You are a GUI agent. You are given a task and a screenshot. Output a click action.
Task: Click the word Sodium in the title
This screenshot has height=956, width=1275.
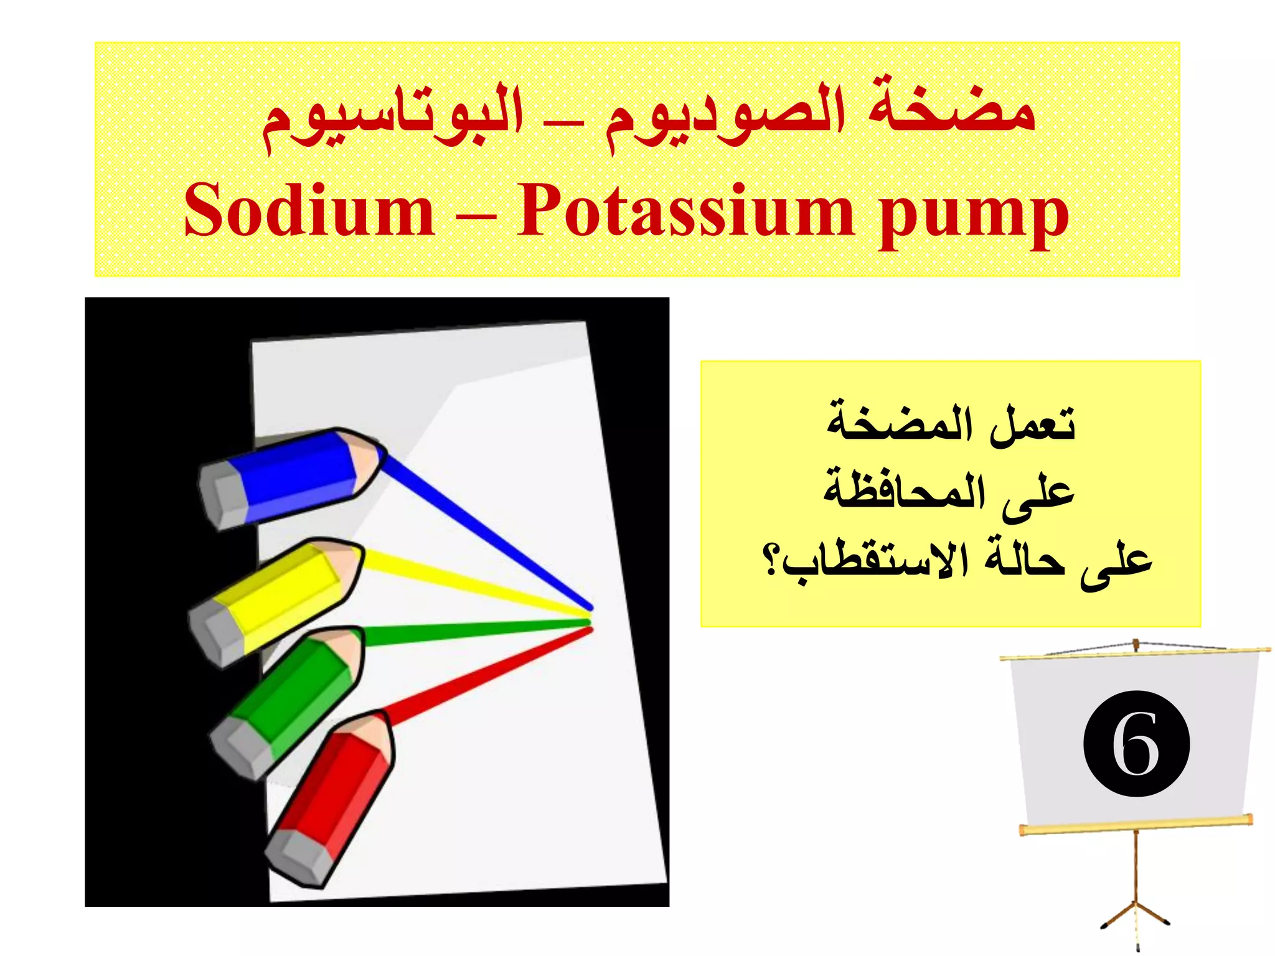click(x=309, y=210)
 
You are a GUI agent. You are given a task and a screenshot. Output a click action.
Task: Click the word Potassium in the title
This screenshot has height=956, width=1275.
click(x=685, y=210)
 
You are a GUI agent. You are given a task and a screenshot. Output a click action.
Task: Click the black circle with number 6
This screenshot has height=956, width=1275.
click(x=1136, y=744)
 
